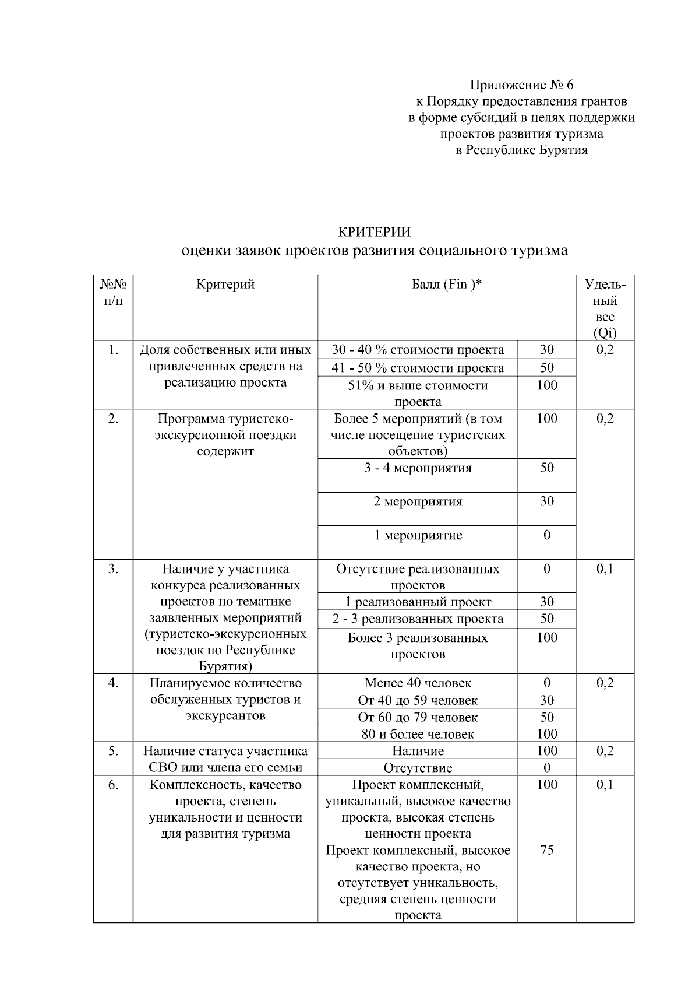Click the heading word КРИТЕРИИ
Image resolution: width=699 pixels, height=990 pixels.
[375, 232]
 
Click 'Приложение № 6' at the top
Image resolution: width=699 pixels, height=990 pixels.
[521, 85]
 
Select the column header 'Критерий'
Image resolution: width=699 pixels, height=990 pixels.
[225, 285]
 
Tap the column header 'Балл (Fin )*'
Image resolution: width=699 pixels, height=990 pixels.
[447, 285]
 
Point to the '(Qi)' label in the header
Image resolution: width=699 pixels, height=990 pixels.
[605, 333]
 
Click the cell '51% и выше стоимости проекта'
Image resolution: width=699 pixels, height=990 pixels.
[418, 393]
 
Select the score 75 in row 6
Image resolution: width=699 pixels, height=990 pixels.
[546, 850]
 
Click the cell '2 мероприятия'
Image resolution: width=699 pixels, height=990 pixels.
[418, 501]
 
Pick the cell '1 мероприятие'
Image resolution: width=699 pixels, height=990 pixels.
[418, 535]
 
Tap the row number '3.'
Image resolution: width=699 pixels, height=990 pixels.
[113, 569]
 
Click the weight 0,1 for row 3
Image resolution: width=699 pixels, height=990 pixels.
[605, 569]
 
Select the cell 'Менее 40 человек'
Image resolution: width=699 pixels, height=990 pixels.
[418, 683]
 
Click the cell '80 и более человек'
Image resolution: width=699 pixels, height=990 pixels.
[418, 734]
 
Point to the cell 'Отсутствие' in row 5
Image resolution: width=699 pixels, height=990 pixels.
[418, 768]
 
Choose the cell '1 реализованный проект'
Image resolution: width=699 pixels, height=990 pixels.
[418, 602]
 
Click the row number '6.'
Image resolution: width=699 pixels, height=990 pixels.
[113, 785]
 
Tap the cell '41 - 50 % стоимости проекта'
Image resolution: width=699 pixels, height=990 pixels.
[418, 368]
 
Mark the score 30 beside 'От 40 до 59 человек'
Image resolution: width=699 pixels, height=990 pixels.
[546, 700]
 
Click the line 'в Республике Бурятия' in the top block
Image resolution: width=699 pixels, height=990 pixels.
[521, 150]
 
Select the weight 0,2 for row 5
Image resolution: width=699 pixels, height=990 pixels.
[605, 751]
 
